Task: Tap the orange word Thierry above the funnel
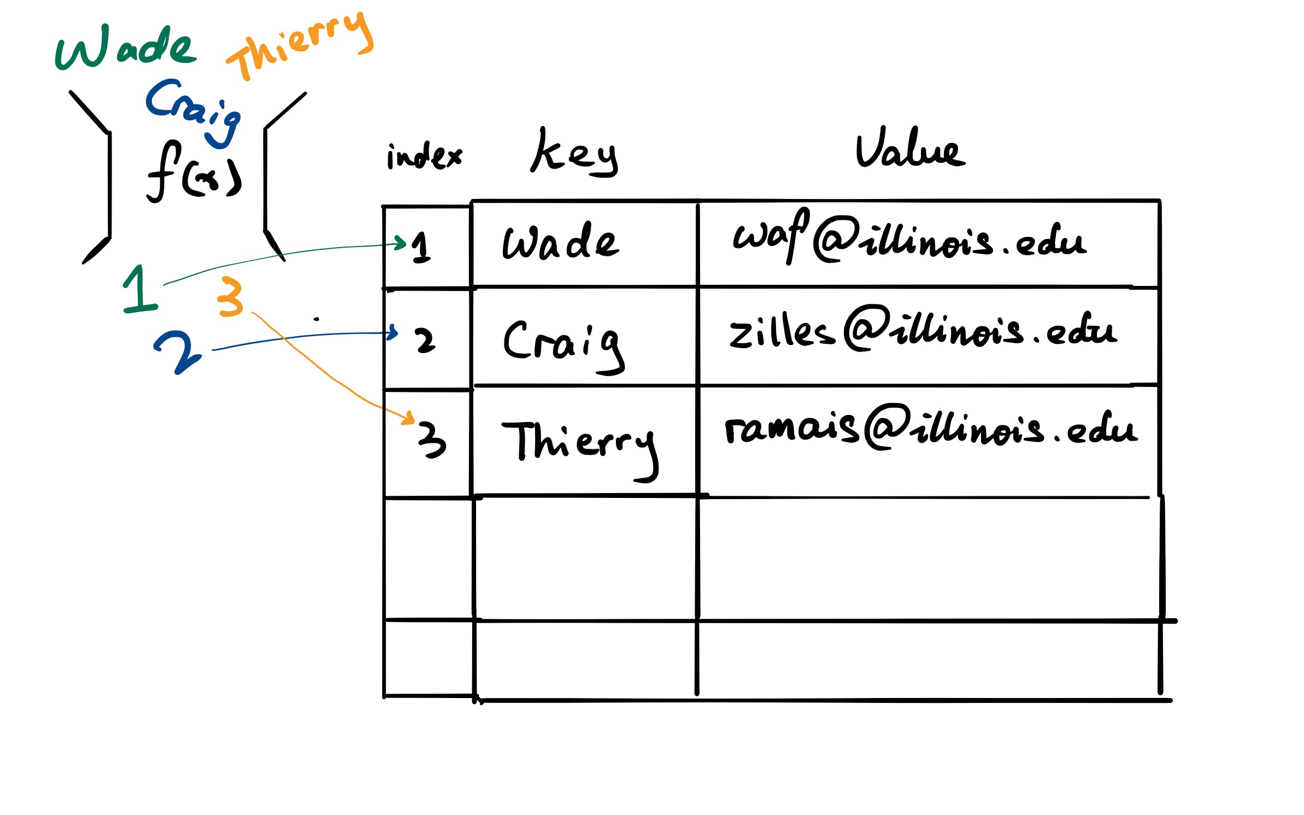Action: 301,46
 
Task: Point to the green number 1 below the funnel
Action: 140,290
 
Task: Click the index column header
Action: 424,156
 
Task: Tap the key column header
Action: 574,153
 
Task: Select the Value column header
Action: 909,149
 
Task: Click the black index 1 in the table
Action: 420,247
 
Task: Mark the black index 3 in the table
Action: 432,439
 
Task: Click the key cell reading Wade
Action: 560,243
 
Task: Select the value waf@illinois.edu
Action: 909,241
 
